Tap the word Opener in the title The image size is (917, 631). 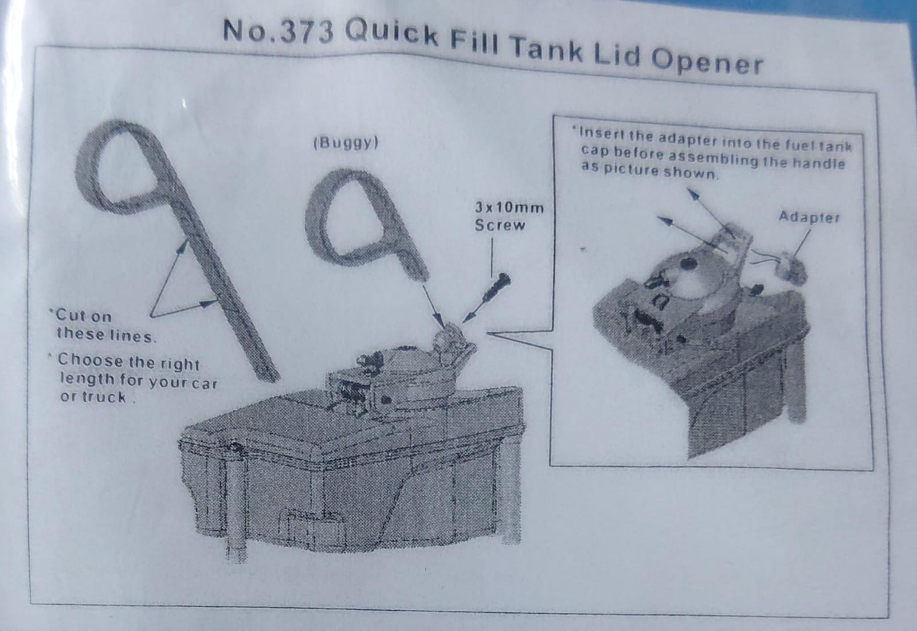pyautogui.click(x=707, y=61)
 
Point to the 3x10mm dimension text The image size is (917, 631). pyautogui.click(x=510, y=207)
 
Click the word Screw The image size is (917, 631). pyautogui.click(x=500, y=225)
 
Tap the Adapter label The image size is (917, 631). pyautogui.click(x=809, y=217)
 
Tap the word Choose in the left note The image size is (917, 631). pyautogui.click(x=90, y=360)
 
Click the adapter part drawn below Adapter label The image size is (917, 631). pyautogui.click(x=793, y=267)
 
